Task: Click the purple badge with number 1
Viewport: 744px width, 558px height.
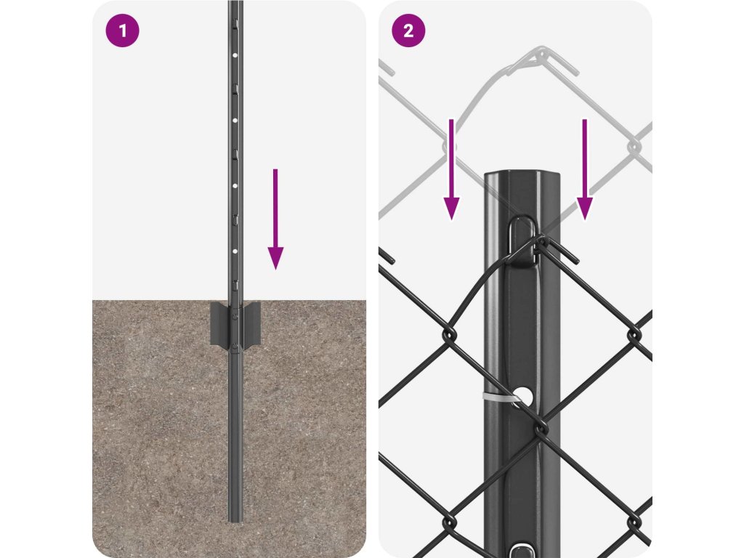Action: click(122, 31)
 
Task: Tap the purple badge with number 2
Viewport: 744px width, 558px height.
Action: click(408, 31)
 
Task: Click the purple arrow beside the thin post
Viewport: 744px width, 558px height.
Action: click(275, 219)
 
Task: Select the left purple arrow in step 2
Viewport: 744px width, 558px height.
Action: click(451, 169)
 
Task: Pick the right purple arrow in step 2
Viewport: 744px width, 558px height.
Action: click(585, 169)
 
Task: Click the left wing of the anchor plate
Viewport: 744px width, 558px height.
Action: click(219, 324)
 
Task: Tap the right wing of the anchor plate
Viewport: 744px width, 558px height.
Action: click(252, 324)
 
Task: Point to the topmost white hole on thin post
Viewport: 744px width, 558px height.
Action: click(235, 55)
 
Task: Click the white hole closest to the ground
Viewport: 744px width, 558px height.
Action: click(235, 251)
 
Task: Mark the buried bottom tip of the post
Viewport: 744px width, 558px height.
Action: click(235, 520)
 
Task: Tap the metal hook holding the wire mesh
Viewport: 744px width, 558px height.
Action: click(522, 240)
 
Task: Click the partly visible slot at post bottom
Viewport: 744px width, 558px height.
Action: click(522, 551)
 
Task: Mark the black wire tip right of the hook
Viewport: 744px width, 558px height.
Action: click(577, 261)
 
